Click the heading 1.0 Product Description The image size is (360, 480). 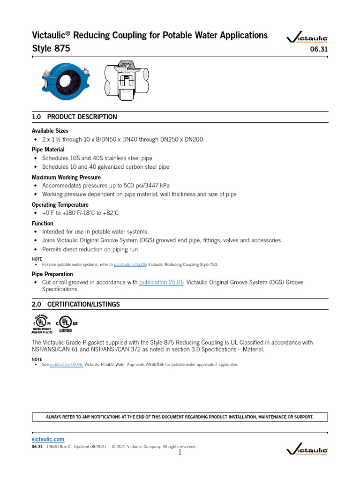click(74, 117)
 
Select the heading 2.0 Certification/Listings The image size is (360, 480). click(75, 304)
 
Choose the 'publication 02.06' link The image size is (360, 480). click(67, 365)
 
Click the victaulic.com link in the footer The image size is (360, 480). click(48, 439)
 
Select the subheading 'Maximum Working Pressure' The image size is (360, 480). click(66, 177)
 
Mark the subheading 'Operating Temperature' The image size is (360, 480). click(60, 205)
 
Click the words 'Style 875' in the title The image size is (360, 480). click(51, 48)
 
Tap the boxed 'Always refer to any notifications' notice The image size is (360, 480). click(180, 417)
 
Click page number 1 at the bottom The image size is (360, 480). click(180, 453)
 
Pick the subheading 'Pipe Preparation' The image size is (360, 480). click(52, 274)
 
